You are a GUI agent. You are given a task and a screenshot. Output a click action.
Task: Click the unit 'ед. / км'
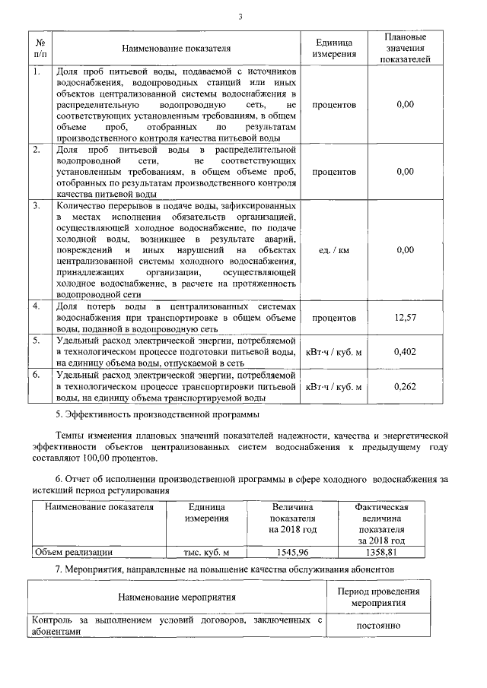[x=334, y=249]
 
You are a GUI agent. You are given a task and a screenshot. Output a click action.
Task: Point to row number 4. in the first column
[x=36, y=306]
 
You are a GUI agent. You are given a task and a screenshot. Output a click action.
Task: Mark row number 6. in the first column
[x=36, y=376]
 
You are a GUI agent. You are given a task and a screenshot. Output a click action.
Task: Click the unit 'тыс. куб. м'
[x=206, y=553]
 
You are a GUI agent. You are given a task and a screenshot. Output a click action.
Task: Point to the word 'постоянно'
[x=378, y=626]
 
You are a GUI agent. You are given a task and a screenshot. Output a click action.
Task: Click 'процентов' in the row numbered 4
[x=334, y=317]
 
